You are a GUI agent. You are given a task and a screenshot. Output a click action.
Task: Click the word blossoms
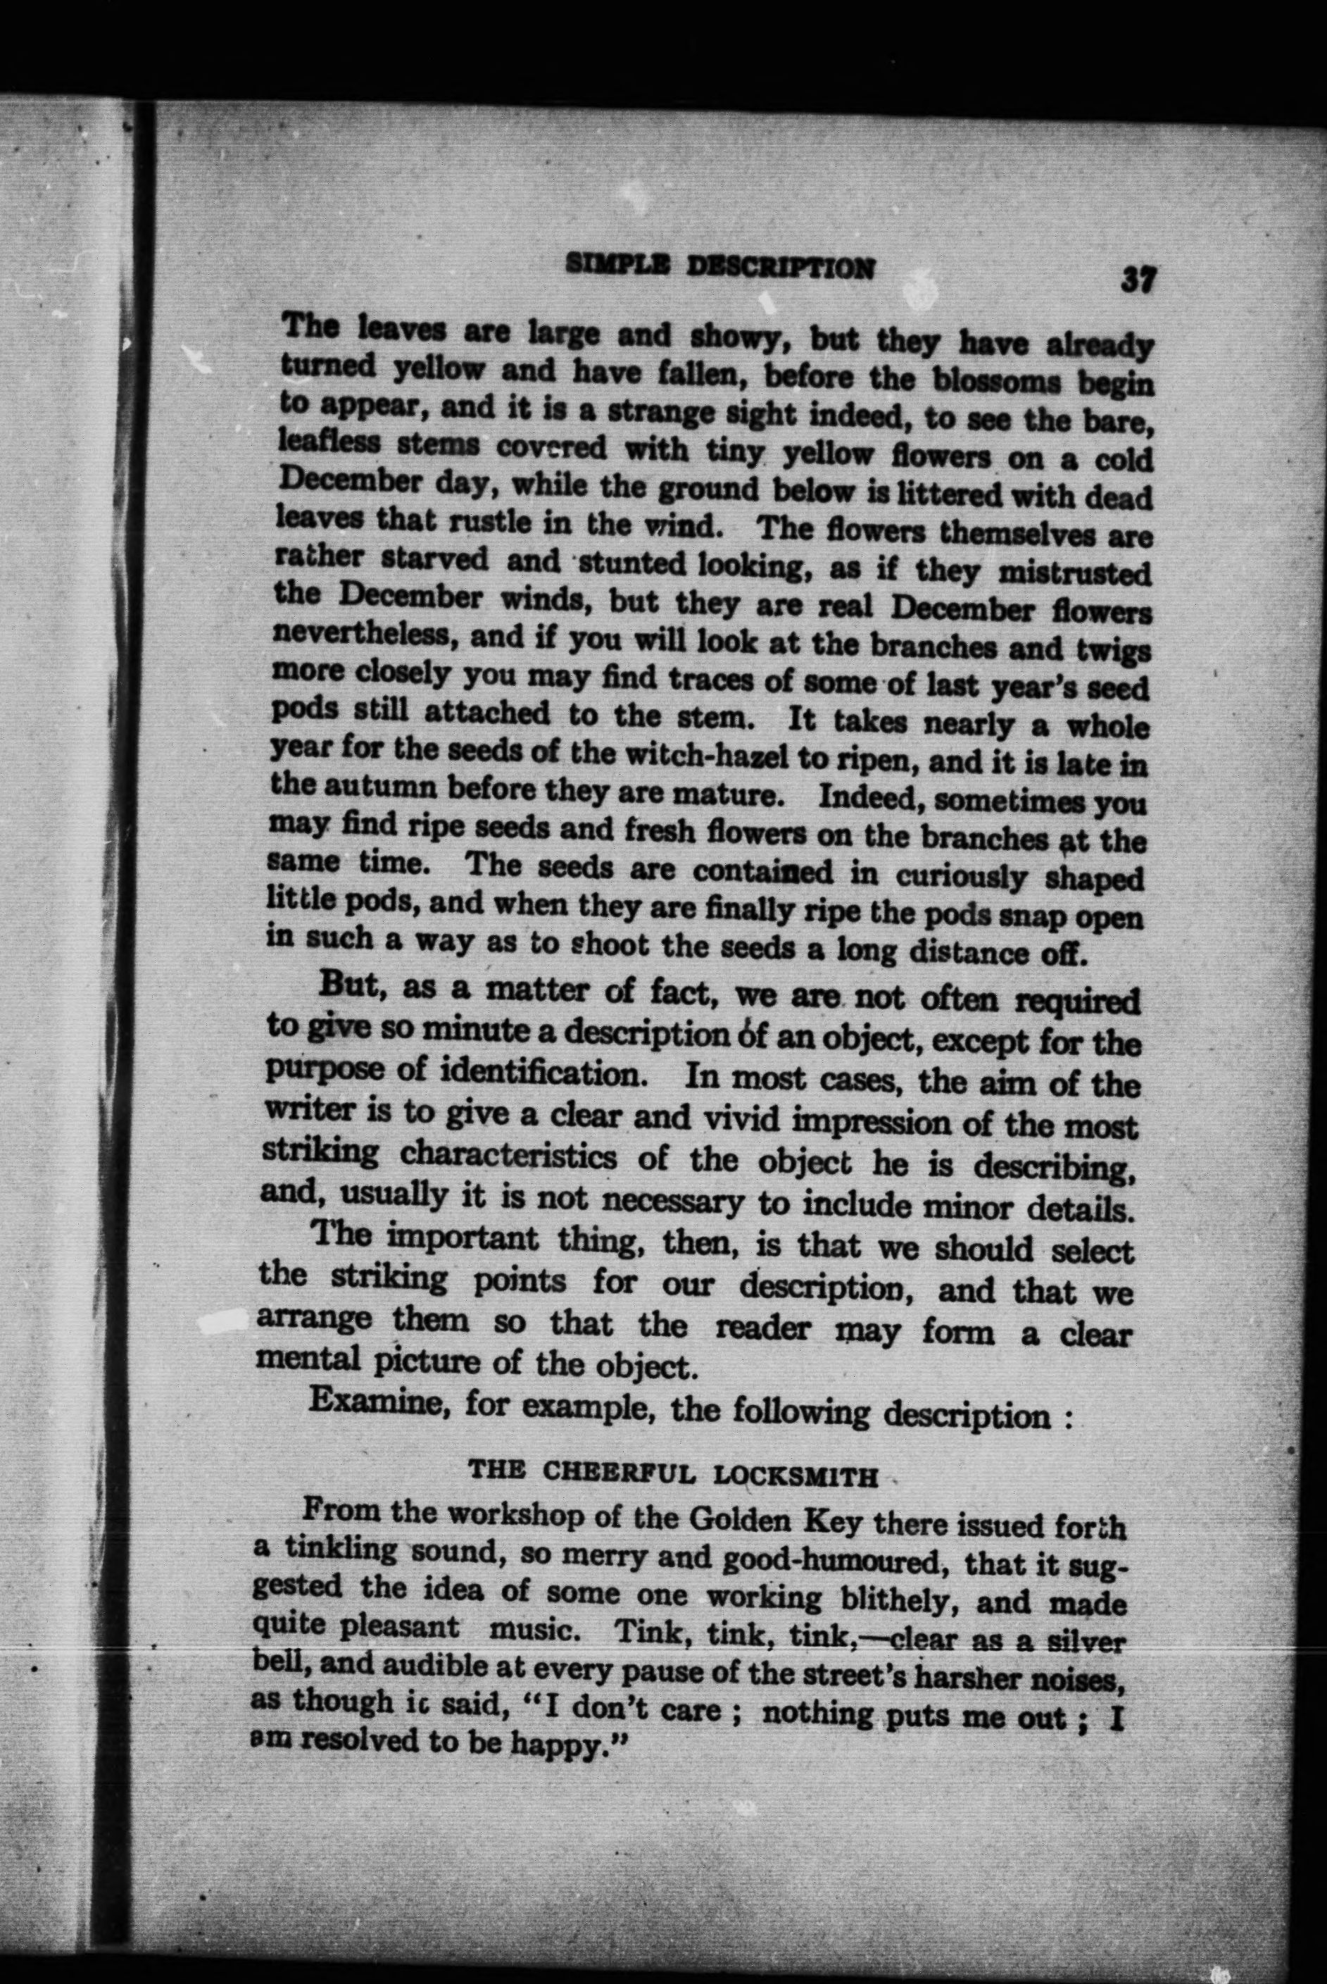pyautogui.click(x=996, y=380)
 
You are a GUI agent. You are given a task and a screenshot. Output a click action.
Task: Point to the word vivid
pyautogui.click(x=744, y=1120)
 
